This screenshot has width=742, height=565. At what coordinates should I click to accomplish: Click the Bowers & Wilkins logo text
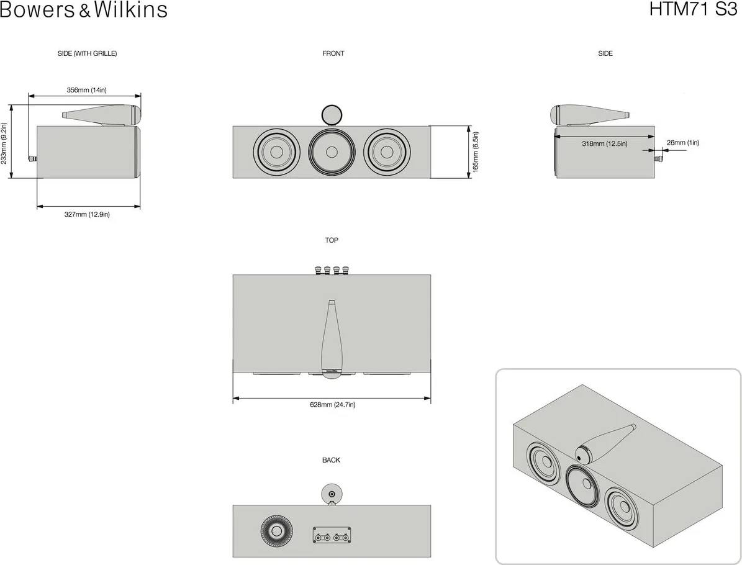[x=84, y=9]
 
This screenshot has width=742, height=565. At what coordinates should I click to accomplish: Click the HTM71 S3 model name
[x=694, y=9]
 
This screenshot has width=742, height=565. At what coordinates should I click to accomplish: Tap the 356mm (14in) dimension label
[x=86, y=90]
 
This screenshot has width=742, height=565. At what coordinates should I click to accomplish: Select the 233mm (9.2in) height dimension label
[x=4, y=143]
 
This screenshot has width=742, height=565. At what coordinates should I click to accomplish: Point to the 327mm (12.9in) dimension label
[x=87, y=214]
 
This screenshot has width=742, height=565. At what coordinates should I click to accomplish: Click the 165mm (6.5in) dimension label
[x=476, y=152]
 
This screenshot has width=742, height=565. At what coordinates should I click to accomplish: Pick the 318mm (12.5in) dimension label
[x=604, y=143]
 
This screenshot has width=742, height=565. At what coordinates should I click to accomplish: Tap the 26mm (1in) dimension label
[x=682, y=142]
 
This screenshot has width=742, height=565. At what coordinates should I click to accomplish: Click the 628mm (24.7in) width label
[x=332, y=405]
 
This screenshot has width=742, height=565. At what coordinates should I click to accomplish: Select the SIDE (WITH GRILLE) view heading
[x=87, y=53]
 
